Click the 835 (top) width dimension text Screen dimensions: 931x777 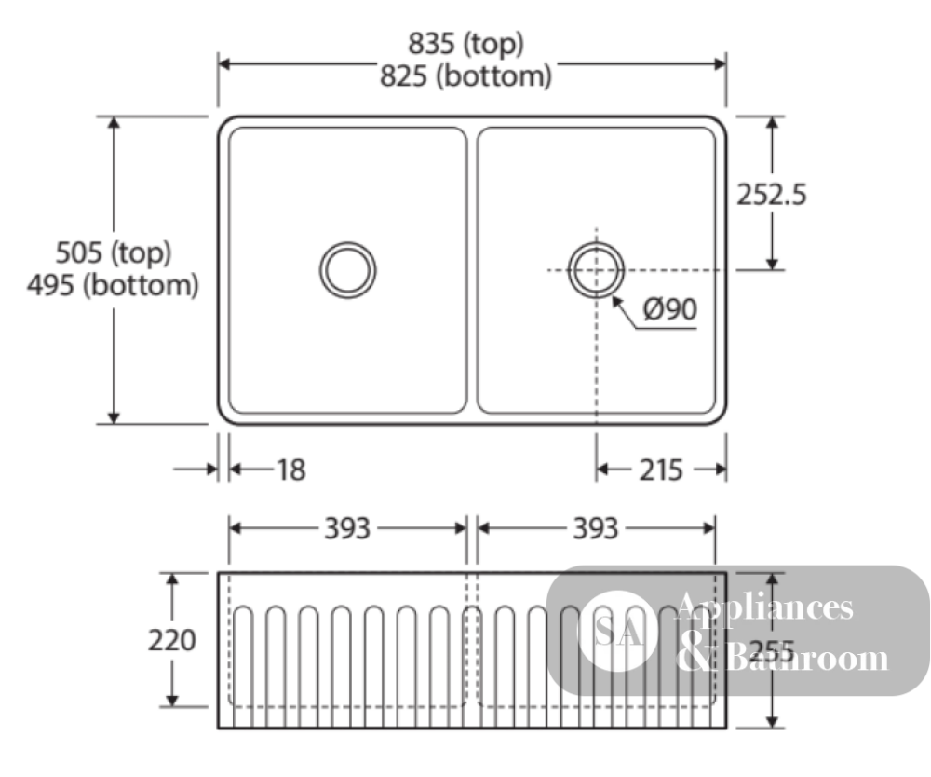(x=465, y=44)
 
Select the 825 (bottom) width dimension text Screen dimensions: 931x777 (x=465, y=76)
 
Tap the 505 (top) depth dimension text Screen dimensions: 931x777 (x=113, y=252)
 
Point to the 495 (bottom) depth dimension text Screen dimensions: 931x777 (x=113, y=285)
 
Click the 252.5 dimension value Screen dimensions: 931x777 (x=771, y=194)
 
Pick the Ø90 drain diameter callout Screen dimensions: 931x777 (x=670, y=309)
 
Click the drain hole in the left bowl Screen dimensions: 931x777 (x=348, y=270)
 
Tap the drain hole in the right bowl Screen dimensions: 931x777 (x=596, y=270)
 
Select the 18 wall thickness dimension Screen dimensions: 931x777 (x=290, y=470)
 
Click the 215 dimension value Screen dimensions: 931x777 (x=661, y=470)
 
